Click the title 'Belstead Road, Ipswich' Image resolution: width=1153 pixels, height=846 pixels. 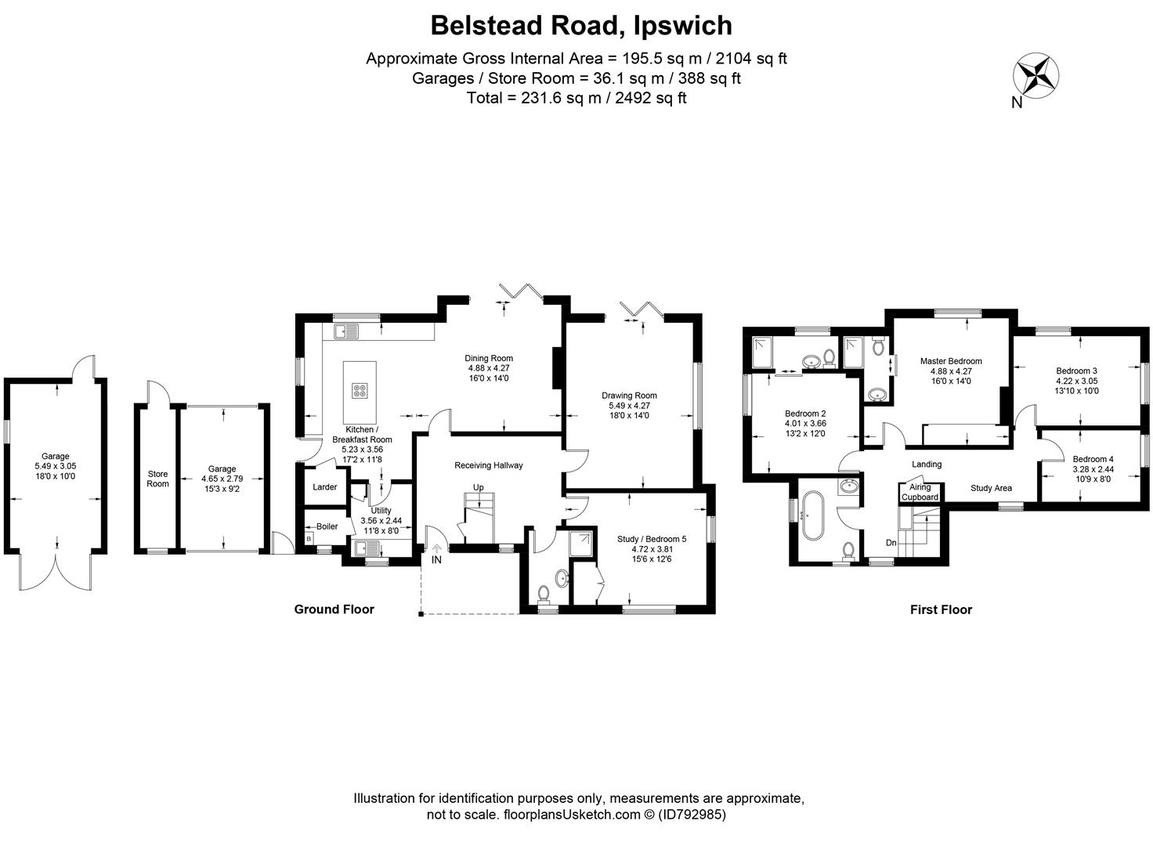(581, 25)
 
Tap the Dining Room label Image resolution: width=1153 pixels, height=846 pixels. (489, 359)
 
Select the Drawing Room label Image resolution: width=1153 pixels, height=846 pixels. (629, 396)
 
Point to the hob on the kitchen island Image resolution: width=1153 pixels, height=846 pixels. (360, 390)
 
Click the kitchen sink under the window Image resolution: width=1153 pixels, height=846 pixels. (345, 332)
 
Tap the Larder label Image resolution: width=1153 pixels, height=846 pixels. (324, 487)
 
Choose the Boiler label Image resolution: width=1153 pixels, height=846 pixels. (327, 526)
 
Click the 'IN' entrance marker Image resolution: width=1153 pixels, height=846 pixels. (436, 559)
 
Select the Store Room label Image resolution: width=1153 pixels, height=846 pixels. (158, 479)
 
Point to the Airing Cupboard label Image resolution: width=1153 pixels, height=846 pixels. (920, 493)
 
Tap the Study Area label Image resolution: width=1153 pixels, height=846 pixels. (991, 488)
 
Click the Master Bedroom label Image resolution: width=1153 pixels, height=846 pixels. (950, 361)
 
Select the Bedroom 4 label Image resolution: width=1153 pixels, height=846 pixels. (1093, 459)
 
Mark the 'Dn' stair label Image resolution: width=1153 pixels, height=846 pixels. (891, 542)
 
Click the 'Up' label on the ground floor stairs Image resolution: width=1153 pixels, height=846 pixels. (478, 487)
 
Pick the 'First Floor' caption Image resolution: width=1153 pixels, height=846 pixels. (941, 609)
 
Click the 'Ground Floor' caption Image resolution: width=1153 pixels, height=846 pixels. (334, 609)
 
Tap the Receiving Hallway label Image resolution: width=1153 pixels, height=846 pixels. (488, 465)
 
